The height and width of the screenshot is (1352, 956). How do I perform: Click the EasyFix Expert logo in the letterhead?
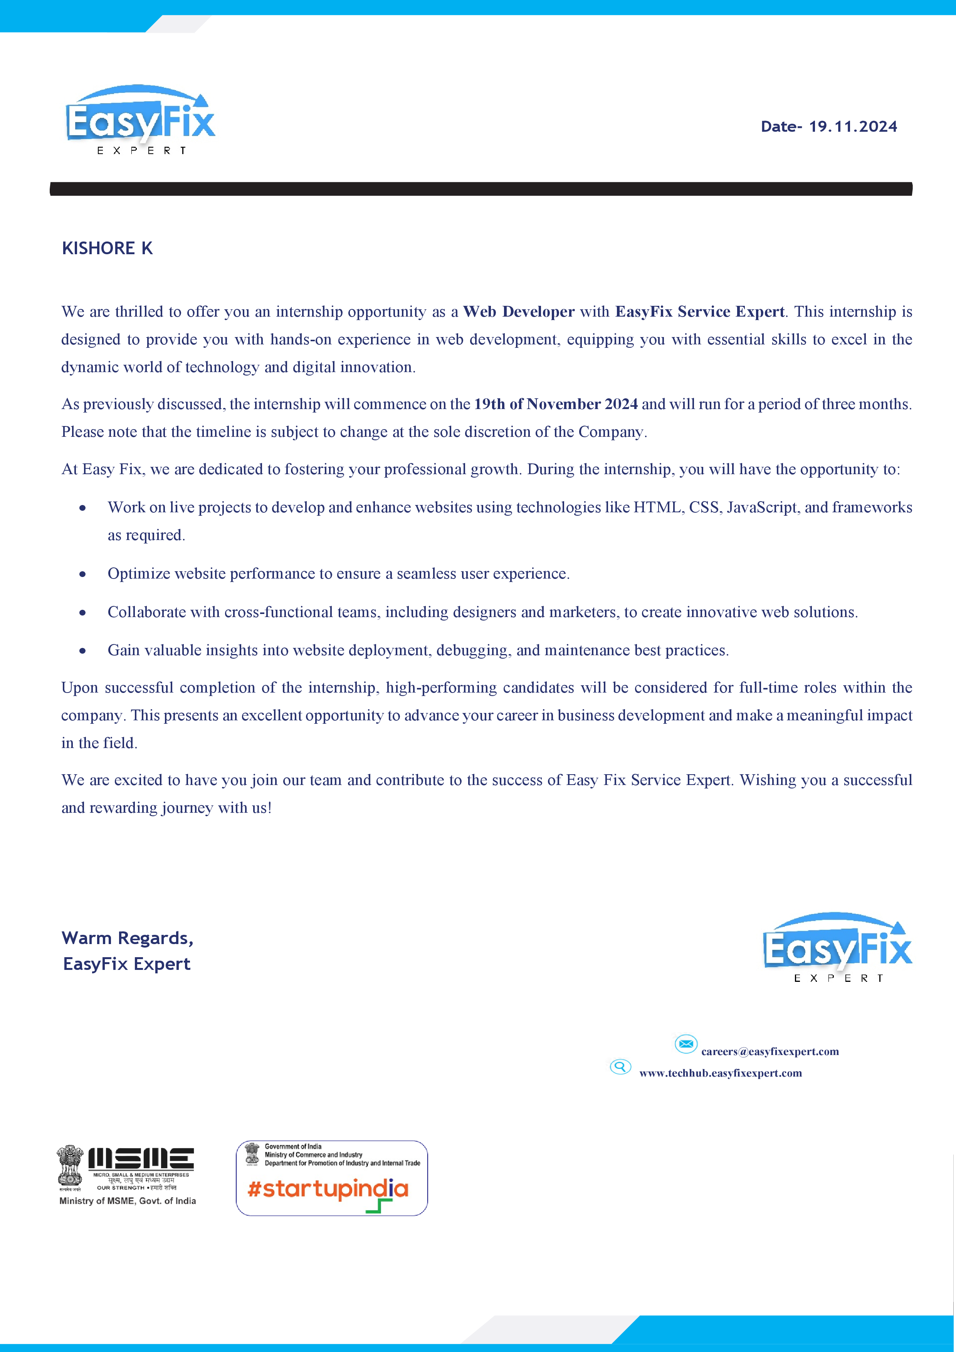coord(140,119)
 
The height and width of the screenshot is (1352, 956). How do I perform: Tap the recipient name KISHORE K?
coord(107,248)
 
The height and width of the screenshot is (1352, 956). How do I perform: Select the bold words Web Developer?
coord(518,312)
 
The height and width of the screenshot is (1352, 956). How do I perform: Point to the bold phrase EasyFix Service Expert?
coord(700,312)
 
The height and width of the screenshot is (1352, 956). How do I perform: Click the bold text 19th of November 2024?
coord(556,404)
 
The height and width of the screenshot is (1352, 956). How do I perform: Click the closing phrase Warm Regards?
coord(127,938)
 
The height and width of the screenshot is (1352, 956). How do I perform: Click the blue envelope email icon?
coord(685,1044)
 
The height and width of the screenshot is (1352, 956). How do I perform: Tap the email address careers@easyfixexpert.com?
coord(770,1052)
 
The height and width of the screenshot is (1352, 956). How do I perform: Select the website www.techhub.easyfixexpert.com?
coord(721,1074)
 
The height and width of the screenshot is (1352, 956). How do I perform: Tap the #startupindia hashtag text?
coord(328,1189)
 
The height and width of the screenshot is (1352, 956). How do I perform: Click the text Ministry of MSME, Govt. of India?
coord(128,1201)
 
